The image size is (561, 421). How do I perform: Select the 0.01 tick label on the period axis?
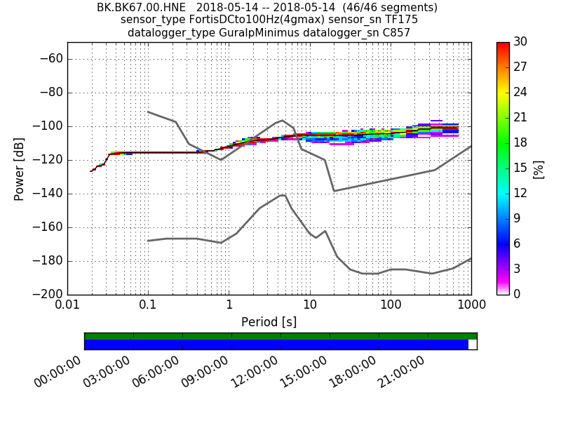[x=67, y=307]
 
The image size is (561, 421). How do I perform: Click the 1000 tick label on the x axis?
[x=471, y=307]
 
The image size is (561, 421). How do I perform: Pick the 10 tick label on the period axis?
[x=310, y=307]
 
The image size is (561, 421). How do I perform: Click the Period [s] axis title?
[x=269, y=322]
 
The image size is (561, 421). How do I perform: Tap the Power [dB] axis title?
[x=20, y=168]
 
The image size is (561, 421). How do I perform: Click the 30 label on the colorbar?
[x=520, y=42]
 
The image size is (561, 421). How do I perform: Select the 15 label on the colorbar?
[x=520, y=168]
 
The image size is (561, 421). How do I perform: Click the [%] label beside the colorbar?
[x=539, y=168]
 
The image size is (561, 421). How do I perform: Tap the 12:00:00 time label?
[x=257, y=371]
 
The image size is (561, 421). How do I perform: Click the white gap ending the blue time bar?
[x=473, y=345]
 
